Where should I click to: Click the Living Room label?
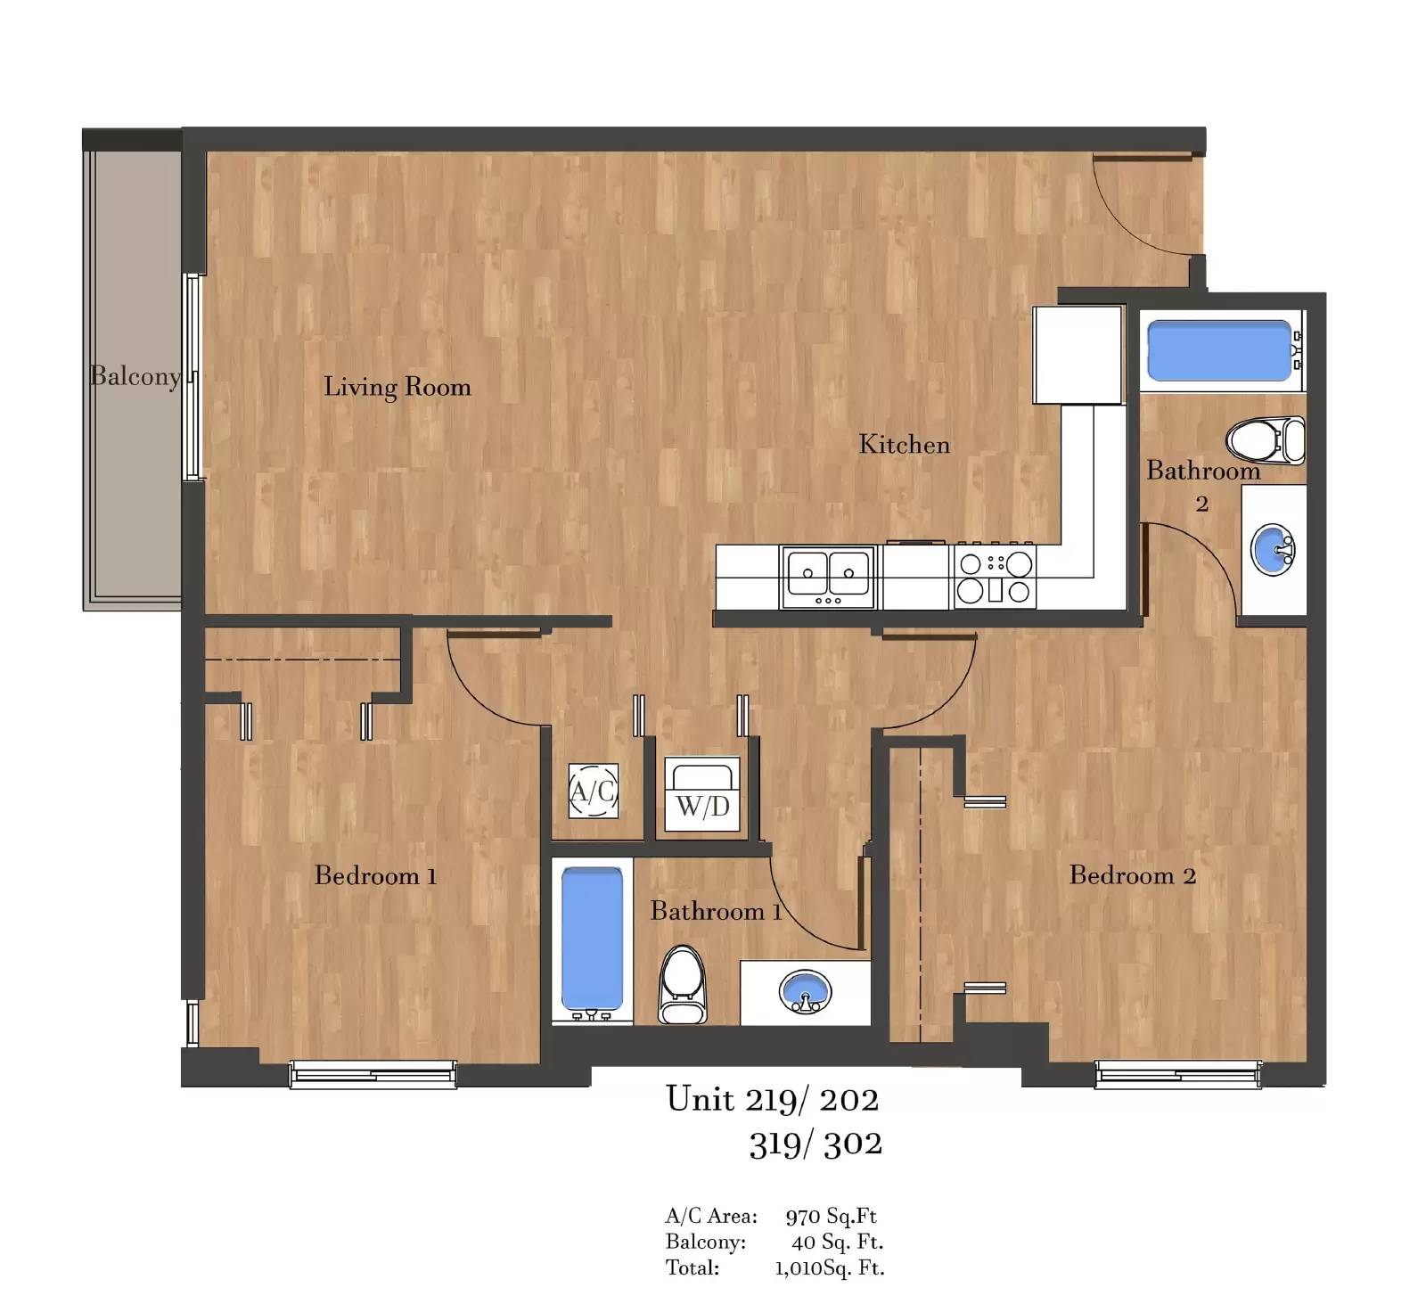(397, 387)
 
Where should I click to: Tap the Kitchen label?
(904, 444)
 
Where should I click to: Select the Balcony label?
(135, 376)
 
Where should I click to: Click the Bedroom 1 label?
(375, 875)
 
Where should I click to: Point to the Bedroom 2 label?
(1132, 875)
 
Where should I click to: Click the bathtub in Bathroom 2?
(1221, 350)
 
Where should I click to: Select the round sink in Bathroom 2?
(1273, 549)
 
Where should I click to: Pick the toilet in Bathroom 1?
(683, 984)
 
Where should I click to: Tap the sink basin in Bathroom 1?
(806, 991)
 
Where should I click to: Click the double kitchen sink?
(828, 577)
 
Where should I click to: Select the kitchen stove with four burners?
(995, 577)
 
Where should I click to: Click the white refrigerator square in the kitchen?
(1078, 355)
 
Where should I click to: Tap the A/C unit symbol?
(594, 791)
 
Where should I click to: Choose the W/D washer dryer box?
(703, 794)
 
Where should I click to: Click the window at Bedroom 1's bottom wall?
(373, 1074)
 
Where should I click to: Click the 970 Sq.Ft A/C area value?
(831, 1216)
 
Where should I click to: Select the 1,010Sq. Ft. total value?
(829, 1267)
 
